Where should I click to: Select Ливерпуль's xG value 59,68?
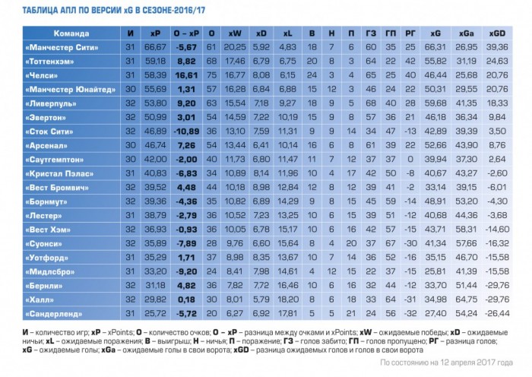435,103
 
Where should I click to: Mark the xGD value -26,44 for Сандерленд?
498,313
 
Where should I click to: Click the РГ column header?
410,33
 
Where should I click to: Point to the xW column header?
235,33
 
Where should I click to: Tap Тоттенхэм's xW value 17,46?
235,61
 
